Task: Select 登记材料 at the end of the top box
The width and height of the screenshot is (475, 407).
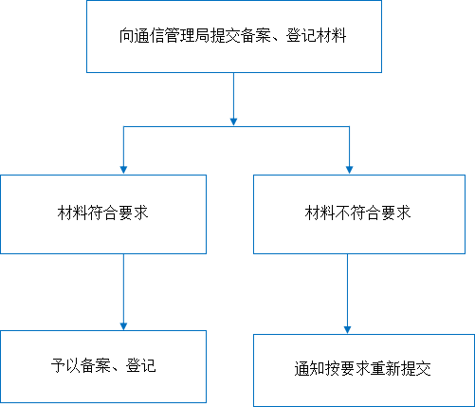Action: (316, 35)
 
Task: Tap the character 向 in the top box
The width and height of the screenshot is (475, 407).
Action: (126, 35)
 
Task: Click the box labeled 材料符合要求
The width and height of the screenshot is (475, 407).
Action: (103, 214)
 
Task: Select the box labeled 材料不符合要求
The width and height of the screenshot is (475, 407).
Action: (359, 214)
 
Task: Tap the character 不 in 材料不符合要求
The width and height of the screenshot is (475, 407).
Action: (342, 213)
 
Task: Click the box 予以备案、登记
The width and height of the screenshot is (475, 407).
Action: (103, 366)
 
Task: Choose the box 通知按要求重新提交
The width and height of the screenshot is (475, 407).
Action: (364, 370)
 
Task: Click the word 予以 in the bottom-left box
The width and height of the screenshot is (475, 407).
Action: (65, 365)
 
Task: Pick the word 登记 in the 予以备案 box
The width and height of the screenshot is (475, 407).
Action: (141, 365)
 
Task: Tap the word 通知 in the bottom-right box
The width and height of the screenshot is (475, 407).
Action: (309, 369)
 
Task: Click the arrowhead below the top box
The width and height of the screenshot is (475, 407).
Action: (233, 121)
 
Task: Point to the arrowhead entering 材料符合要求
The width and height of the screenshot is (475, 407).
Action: (123, 170)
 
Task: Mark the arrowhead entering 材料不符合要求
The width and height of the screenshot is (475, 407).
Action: (349, 170)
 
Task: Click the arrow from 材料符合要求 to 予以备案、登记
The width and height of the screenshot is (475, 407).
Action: (123, 292)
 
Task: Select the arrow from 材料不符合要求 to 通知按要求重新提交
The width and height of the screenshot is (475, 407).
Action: (347, 294)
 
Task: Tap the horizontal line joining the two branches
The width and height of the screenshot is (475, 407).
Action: (236, 127)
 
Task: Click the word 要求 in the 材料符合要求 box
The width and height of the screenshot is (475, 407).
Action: (134, 213)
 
